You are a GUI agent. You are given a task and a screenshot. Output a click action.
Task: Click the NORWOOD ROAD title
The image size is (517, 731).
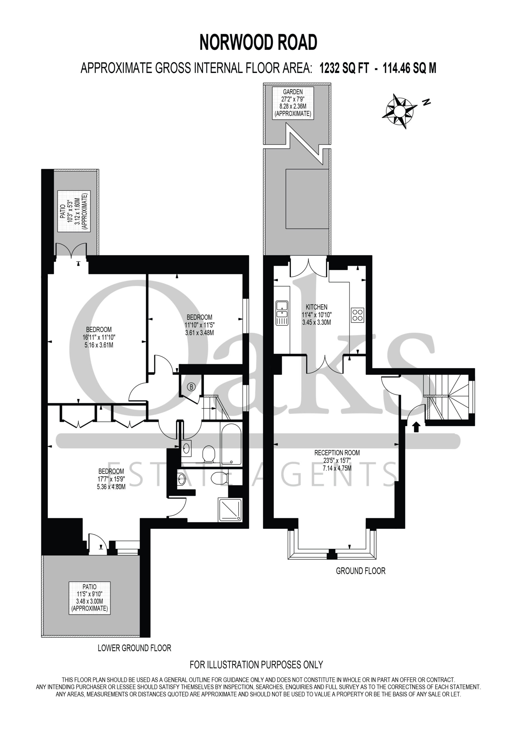(x=258, y=42)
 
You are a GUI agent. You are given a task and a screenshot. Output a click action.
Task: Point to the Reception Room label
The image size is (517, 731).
(x=337, y=460)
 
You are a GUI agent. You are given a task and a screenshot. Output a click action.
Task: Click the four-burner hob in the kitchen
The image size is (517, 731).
(x=357, y=315)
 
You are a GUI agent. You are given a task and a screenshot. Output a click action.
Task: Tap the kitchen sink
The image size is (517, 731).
(x=282, y=313)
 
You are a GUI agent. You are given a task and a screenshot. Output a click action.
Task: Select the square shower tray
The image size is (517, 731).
(x=230, y=510)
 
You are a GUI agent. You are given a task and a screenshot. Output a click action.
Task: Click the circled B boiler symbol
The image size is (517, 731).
(x=191, y=387)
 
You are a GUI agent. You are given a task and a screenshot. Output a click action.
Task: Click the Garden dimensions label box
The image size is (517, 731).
(x=293, y=103)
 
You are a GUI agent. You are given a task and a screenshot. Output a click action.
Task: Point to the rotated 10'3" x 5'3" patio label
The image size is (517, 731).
(x=74, y=211)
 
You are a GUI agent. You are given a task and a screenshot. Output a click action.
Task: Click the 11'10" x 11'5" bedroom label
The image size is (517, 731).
(x=199, y=325)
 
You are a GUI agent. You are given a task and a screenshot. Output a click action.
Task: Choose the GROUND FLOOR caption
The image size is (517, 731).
(x=360, y=571)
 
